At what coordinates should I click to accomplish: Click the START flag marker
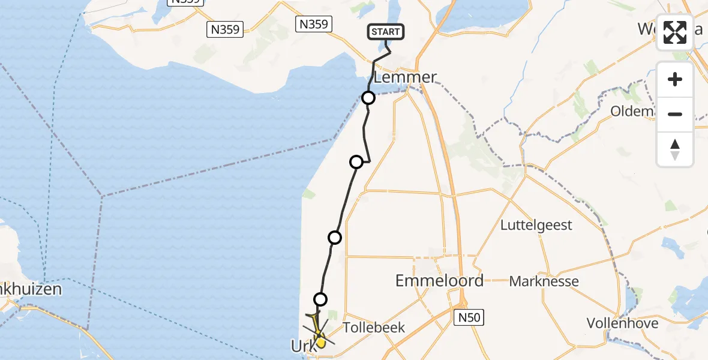coord(386,32)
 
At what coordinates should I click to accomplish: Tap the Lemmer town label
coord(404,77)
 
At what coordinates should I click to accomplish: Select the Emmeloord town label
coord(439,280)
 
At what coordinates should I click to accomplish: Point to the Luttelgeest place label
coord(536,226)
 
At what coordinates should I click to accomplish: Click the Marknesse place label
coord(544,281)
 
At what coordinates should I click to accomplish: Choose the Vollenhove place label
coord(622,323)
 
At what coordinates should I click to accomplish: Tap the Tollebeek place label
coord(374,328)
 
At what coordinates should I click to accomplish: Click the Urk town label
coord(302,346)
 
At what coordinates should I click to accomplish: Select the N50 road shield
coord(468,317)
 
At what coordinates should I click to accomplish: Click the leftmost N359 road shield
coord(224,29)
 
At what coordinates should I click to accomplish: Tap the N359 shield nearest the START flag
coord(313,24)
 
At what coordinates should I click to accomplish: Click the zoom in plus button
coord(675,79)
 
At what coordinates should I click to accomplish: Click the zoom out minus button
coord(675,114)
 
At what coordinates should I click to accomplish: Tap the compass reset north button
coord(675,149)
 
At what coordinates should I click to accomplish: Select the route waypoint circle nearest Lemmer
coord(368,98)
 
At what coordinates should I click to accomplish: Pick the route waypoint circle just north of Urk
coord(321,299)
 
